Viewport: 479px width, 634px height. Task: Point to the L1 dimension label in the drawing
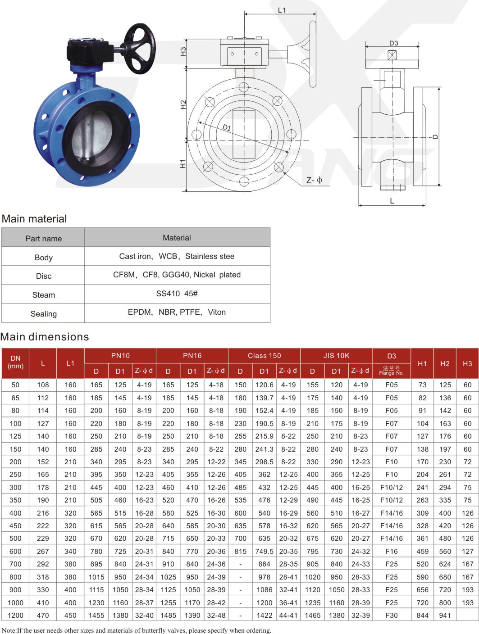pyautogui.click(x=282, y=10)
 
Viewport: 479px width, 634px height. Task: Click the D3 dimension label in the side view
pyautogui.click(x=393, y=43)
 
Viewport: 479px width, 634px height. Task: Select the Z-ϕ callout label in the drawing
pyautogui.click(x=314, y=181)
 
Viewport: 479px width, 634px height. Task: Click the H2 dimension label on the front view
pyautogui.click(x=183, y=104)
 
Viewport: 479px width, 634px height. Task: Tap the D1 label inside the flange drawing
pyautogui.click(x=227, y=127)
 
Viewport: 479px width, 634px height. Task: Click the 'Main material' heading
pyautogui.click(x=34, y=219)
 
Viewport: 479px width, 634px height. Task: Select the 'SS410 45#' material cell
pyautogui.click(x=177, y=294)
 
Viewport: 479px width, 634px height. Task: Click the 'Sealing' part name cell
pyautogui.click(x=44, y=314)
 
